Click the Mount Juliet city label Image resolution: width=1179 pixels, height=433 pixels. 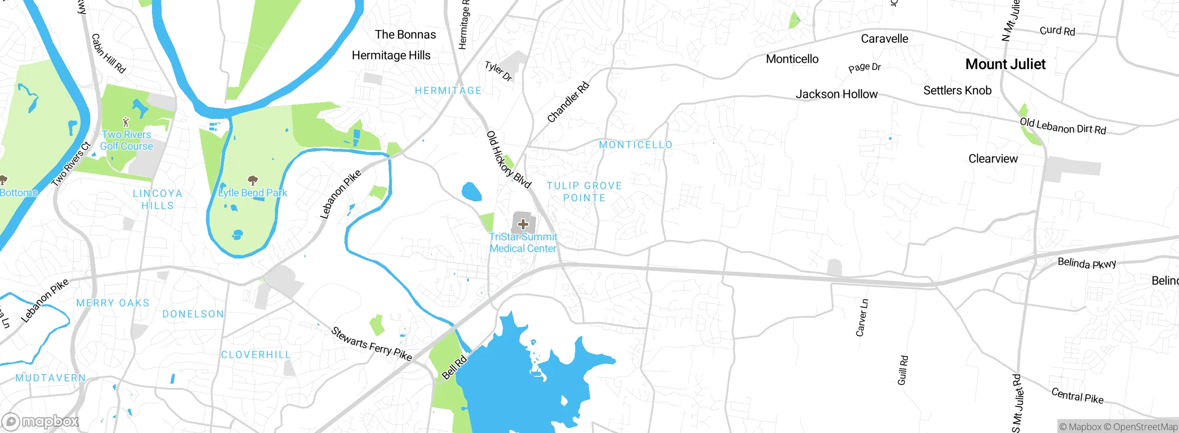pos(1005,64)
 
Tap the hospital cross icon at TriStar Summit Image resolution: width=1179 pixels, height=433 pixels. pos(523,224)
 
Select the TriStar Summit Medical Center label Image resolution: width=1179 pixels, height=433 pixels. pos(523,243)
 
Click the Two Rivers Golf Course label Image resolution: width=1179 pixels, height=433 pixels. pos(127,140)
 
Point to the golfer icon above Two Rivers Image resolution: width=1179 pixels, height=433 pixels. pos(126,122)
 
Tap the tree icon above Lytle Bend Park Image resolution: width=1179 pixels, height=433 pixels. pos(252,180)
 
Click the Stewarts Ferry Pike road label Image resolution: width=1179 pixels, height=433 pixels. pos(371,344)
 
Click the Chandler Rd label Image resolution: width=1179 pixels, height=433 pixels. pos(568,102)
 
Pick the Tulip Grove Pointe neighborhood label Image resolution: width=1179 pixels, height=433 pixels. pos(584,192)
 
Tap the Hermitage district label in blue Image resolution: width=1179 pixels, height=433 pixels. pos(448,91)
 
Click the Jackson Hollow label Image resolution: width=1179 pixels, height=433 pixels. pos(836,94)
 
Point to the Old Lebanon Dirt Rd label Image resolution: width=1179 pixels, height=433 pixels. pos(1062,126)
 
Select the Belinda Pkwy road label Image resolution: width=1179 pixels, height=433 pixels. pos(1087,263)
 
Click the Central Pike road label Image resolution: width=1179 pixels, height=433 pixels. pos(1077,396)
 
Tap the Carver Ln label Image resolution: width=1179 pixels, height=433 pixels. pos(862,318)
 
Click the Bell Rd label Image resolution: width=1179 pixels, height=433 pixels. pos(454,368)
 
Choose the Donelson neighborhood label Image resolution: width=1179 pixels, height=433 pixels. pos(193,314)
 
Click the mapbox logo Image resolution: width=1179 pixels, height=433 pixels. pos(41,421)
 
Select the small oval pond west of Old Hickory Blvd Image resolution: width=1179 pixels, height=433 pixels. pos(471,192)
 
